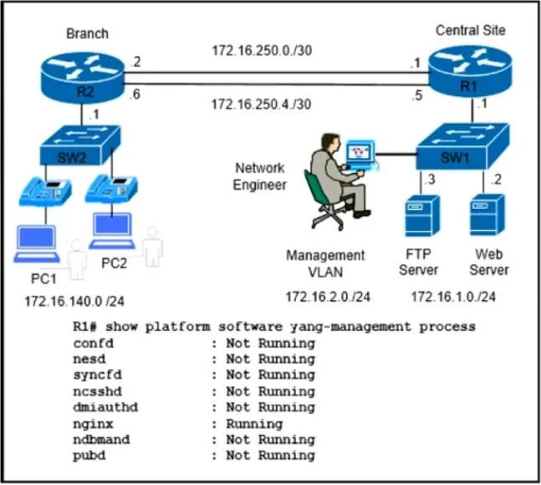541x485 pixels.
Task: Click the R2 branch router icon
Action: coord(82,77)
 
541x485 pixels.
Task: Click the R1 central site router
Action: coord(470,72)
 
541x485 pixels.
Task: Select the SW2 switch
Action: coord(80,145)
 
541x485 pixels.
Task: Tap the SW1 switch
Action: coord(462,146)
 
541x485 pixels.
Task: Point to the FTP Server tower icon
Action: coord(422,216)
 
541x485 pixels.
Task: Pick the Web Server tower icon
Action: coord(487,215)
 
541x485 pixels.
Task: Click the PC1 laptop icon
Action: coord(37,244)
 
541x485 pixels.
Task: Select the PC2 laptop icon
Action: coord(112,231)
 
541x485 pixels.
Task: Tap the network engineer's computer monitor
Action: coord(360,152)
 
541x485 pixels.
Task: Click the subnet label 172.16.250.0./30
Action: coord(262,50)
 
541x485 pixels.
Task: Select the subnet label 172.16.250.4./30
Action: coord(261,104)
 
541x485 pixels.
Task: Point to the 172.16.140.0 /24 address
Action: coord(74,302)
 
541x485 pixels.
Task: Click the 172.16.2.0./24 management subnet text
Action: coord(328,297)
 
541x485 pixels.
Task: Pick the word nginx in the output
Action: coord(93,424)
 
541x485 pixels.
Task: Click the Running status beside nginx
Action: coord(254,424)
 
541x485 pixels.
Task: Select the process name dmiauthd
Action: coord(105,407)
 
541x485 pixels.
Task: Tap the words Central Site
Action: coord(471,30)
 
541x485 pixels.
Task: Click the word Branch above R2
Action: coord(87,33)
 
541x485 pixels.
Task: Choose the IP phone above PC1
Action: coord(45,191)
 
